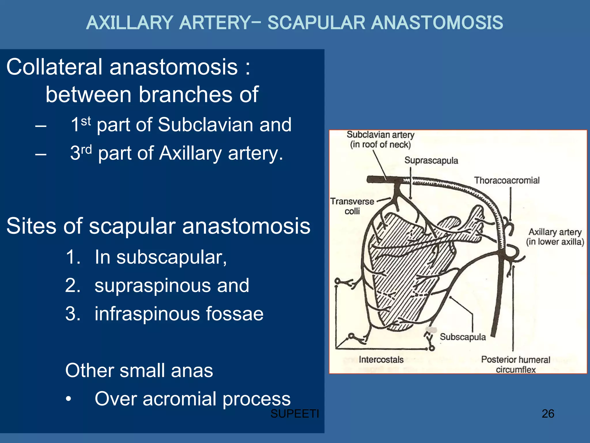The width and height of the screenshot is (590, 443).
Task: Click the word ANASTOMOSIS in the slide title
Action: pyautogui.click(x=437, y=23)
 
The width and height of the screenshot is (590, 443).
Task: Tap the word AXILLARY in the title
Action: pyautogui.click(x=129, y=23)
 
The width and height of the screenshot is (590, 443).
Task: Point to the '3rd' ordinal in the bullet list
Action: pyautogui.click(x=81, y=153)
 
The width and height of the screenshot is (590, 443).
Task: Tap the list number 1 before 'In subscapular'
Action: pyautogui.click(x=72, y=257)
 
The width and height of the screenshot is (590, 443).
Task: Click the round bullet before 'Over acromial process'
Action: pyautogui.click(x=68, y=399)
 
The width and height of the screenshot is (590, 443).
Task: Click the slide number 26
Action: pyautogui.click(x=548, y=414)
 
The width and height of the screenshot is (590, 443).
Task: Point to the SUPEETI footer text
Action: pyautogui.click(x=294, y=414)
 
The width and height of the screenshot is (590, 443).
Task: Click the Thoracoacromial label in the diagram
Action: pyautogui.click(x=507, y=181)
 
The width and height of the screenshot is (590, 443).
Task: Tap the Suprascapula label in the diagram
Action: pyautogui.click(x=431, y=160)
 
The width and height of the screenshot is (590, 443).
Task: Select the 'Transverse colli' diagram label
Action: pyautogui.click(x=352, y=206)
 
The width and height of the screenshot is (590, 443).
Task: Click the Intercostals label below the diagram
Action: pyautogui.click(x=381, y=359)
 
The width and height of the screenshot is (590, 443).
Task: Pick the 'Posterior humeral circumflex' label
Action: pyautogui.click(x=515, y=365)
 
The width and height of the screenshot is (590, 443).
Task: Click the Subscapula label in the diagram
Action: pyautogui.click(x=463, y=337)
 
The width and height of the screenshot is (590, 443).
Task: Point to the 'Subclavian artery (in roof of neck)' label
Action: pyautogui.click(x=380, y=139)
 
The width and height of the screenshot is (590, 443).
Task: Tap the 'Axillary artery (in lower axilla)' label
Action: pyautogui.click(x=555, y=236)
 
